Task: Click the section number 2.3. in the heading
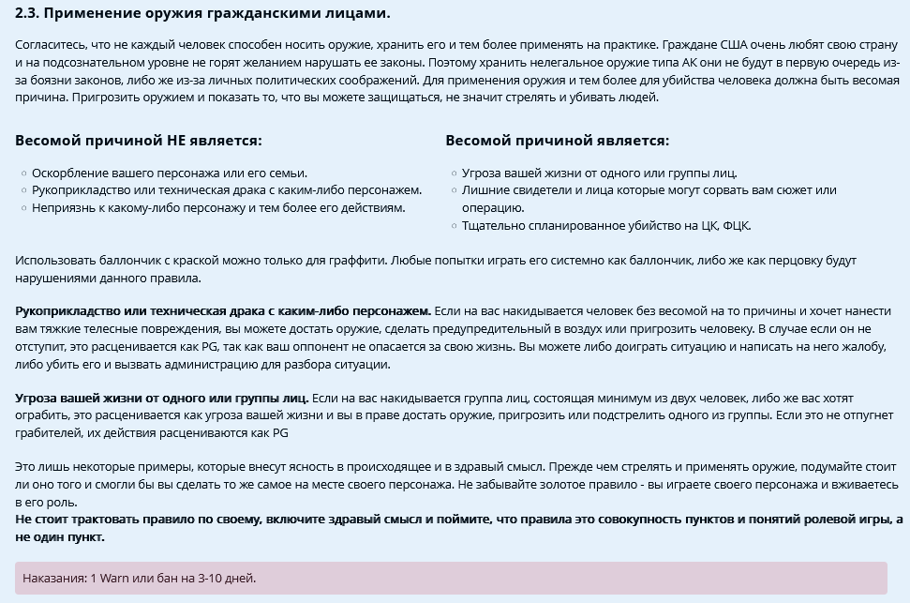point(28,13)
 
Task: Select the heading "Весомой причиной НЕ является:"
point(139,141)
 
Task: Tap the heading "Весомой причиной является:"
point(557,141)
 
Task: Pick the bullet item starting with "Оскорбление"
point(169,173)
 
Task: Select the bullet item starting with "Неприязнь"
point(217,207)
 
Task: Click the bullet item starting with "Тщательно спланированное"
point(605,225)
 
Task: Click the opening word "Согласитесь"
point(50,45)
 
